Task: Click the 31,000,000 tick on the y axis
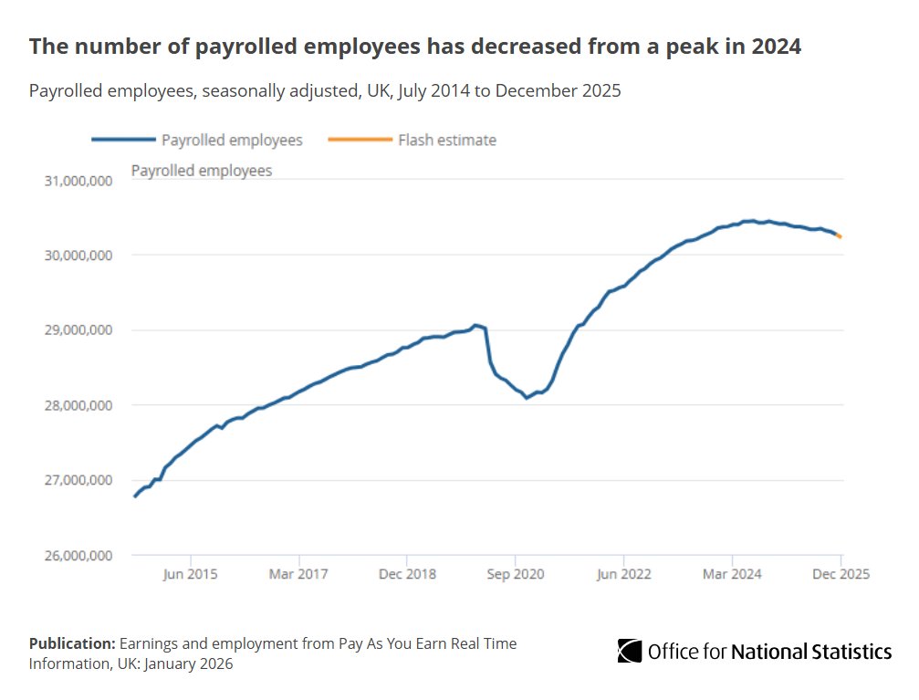point(78,181)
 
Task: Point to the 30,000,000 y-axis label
point(78,256)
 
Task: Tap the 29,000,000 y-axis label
point(78,330)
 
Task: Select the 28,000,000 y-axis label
point(78,405)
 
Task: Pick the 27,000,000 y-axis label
point(78,480)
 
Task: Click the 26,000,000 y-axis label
point(78,555)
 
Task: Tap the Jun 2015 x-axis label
point(191,574)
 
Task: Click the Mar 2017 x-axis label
point(299,574)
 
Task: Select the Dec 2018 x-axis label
point(407,574)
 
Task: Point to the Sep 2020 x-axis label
point(516,574)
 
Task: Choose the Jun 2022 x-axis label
point(624,574)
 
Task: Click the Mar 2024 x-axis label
point(732,574)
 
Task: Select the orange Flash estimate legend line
point(368,141)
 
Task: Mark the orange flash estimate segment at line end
point(839,235)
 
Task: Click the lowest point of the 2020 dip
point(527,398)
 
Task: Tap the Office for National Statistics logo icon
point(630,651)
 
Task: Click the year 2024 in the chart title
point(777,47)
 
